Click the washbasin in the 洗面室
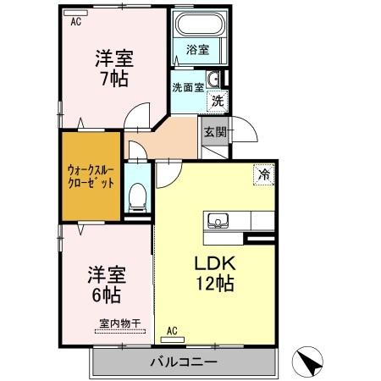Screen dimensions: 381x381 pos(215,80)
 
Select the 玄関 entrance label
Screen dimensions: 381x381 pos(213,132)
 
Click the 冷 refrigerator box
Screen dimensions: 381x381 pos(264,175)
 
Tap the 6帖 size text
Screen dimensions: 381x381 pos(105,296)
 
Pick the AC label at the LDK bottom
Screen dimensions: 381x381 pos(171,330)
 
